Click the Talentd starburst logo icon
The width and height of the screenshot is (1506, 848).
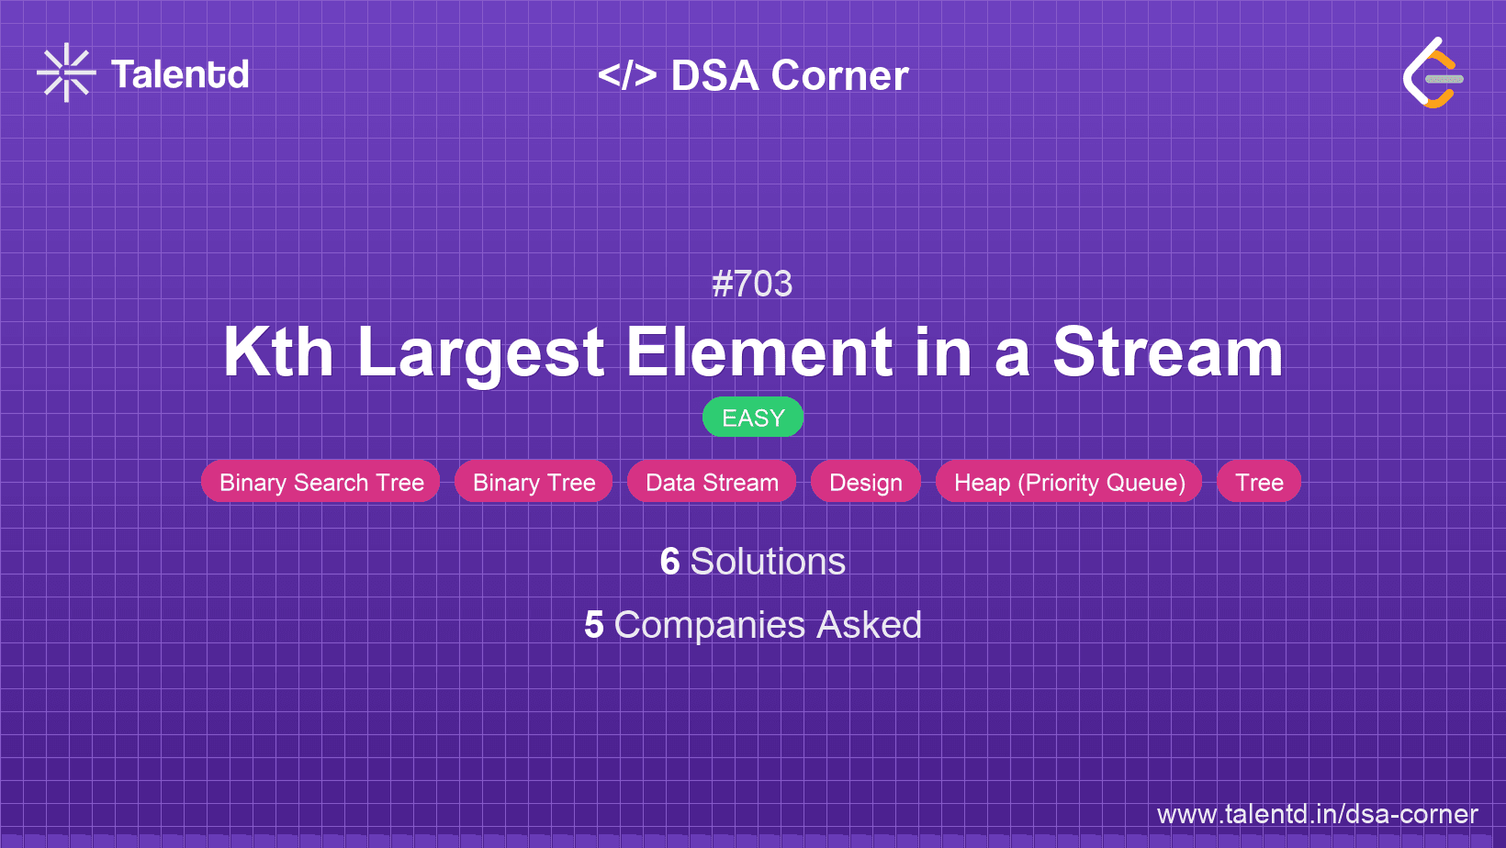tap(66, 73)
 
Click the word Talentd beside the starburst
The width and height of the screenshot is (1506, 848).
tap(180, 74)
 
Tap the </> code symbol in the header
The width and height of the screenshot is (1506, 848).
tap(627, 75)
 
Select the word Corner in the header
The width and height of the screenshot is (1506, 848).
tap(839, 75)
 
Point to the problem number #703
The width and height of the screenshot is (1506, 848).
tap(752, 284)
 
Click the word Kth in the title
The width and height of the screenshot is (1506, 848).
tap(278, 352)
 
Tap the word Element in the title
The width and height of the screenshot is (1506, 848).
tap(759, 352)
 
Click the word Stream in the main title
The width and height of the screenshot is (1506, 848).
tap(1168, 352)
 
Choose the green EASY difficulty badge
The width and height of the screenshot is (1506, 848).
tap(753, 418)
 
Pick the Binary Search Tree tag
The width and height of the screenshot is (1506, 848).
tap(320, 482)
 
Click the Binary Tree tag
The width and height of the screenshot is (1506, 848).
tap(534, 482)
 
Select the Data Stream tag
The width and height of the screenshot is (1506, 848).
tap(712, 482)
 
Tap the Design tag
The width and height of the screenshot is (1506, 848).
tap(866, 482)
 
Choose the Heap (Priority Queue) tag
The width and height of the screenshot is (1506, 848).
tap(1069, 482)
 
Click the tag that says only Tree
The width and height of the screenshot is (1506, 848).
tap(1259, 482)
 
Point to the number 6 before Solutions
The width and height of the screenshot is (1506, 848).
tap(669, 561)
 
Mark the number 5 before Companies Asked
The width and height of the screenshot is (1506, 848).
tap(593, 625)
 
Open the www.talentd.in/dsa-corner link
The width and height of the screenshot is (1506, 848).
tap(1317, 814)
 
